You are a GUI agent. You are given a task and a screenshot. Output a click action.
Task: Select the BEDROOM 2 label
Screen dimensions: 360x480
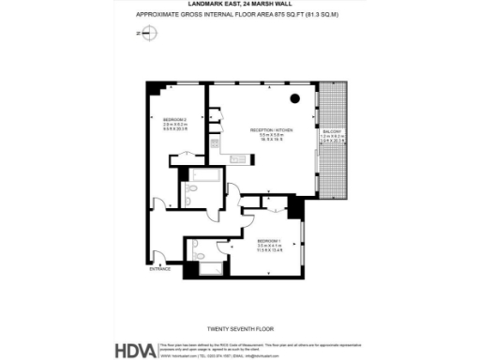[x=175, y=120]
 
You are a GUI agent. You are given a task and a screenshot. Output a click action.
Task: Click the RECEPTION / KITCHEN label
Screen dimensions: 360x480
[x=272, y=129]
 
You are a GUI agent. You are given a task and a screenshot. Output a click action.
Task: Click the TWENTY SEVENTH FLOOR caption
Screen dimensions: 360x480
[x=240, y=330]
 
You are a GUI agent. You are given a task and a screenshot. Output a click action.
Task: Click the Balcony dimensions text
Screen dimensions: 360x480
[x=334, y=141]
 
